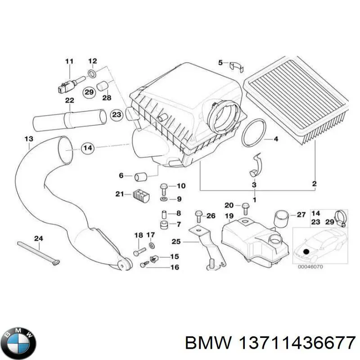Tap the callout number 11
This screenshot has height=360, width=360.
point(69,61)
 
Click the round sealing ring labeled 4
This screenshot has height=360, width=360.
point(253,134)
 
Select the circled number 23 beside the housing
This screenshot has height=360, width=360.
point(117,115)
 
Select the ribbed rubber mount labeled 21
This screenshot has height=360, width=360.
point(139,196)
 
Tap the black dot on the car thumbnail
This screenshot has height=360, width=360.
point(306,251)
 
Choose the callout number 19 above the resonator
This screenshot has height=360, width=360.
point(229,216)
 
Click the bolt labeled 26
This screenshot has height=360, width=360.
point(198,216)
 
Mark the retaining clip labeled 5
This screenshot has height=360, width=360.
point(237,66)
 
